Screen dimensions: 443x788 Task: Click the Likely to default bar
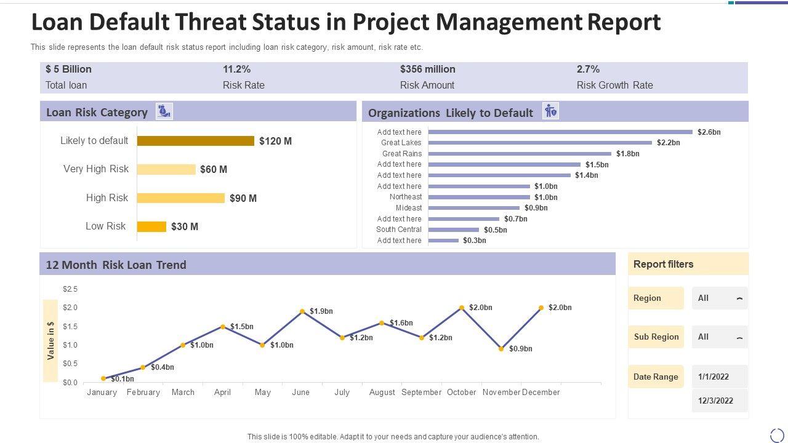195,141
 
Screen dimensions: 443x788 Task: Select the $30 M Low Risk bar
151,226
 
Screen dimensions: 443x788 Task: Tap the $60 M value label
214,169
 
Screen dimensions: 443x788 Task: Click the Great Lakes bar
540,143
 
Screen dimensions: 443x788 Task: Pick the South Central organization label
399,229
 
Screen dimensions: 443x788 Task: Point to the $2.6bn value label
709,132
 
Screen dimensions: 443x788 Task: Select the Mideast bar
474,208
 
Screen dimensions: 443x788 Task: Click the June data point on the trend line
302,311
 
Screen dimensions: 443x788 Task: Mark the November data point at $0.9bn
501,349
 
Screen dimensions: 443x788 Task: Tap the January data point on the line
103,378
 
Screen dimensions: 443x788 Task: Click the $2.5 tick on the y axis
70,289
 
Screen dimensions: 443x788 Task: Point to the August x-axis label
382,393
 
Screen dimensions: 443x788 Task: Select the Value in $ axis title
50,340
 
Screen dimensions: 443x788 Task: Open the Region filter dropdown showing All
720,298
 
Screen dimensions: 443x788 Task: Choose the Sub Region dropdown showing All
720,337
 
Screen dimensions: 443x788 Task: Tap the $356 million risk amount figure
428,70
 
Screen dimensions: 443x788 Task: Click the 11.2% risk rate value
236,70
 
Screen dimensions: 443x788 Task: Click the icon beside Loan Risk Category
164,111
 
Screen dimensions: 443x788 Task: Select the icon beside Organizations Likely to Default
550,111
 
